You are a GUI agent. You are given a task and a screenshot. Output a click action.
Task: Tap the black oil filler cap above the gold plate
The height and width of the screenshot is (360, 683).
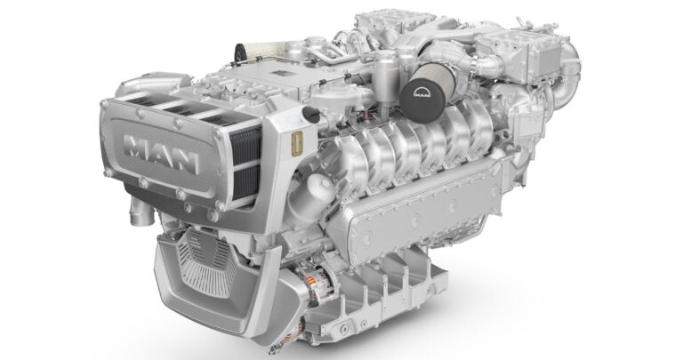coord(309,113)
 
